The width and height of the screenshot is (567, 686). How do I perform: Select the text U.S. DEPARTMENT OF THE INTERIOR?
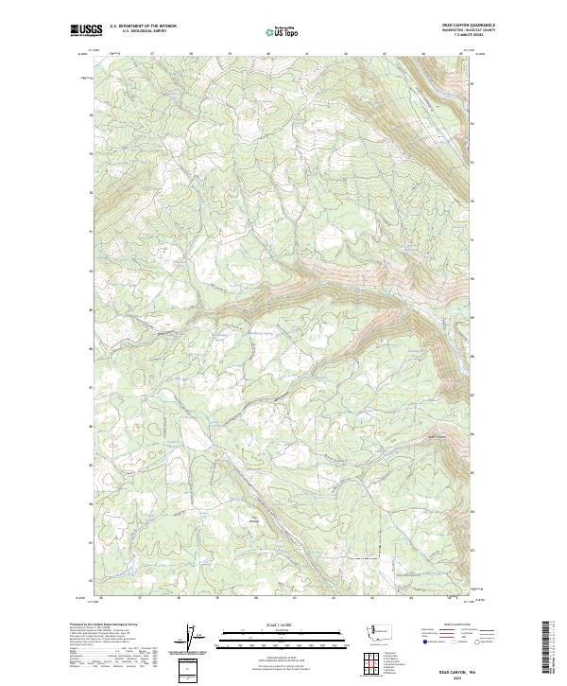(143, 26)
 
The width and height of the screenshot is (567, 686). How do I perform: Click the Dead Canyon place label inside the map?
(438, 436)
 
